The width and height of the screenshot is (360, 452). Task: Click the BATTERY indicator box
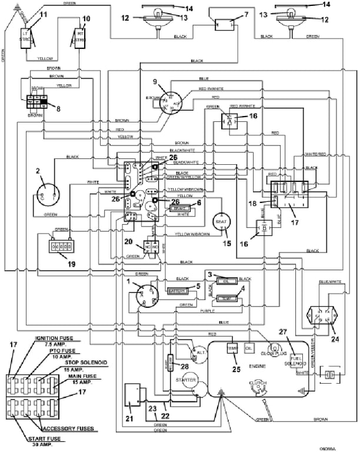178,291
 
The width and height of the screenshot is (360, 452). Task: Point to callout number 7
246,14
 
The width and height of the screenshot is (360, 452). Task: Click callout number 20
129,241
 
